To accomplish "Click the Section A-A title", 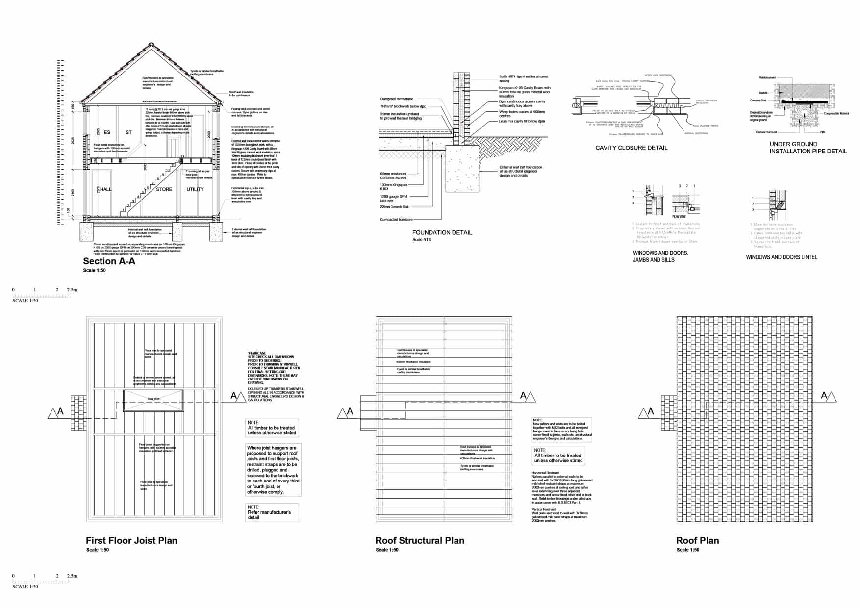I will pos(109,261).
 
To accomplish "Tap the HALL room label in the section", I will pos(106,189).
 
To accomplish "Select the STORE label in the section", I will pos(164,189).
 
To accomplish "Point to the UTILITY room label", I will pos(195,189).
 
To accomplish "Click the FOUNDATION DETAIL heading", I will pos(442,232).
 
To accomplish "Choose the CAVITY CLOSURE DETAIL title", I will pos(631,148).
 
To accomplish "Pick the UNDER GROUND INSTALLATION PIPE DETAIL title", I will pos(808,148).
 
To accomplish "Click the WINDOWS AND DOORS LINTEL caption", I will pos(781,257).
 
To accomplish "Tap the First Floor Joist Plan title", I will pos(131,541).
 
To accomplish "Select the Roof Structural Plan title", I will pos(420,541).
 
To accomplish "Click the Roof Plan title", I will pos(697,541).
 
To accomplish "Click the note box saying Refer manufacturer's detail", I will pos(272,512).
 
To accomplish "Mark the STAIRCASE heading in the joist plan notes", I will pos(257,353).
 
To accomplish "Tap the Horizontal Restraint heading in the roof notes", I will pos(545,473).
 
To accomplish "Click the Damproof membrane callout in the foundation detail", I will pos(397,99).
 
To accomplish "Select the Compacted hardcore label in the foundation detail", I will pos(396,219).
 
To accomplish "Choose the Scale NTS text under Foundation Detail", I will pos(422,240).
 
